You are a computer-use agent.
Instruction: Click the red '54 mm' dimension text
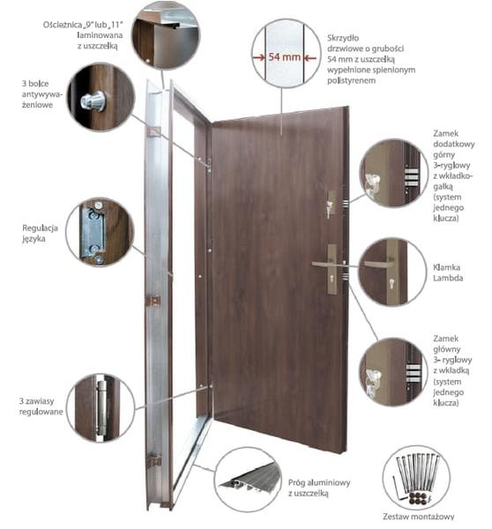click(x=284, y=57)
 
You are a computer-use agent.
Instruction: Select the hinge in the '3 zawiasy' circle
click(x=101, y=407)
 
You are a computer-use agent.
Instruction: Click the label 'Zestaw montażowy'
click(x=419, y=517)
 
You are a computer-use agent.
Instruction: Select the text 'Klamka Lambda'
click(x=448, y=272)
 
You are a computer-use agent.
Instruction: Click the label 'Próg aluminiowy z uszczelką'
click(x=319, y=488)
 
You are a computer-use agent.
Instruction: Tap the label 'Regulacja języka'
click(x=40, y=233)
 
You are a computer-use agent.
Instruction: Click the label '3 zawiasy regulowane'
click(x=41, y=406)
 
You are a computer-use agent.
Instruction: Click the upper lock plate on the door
click(x=331, y=204)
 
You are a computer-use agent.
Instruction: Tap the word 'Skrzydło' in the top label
click(x=343, y=38)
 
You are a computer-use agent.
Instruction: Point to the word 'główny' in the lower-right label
click(x=447, y=349)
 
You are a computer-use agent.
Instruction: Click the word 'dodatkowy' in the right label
click(x=453, y=144)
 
